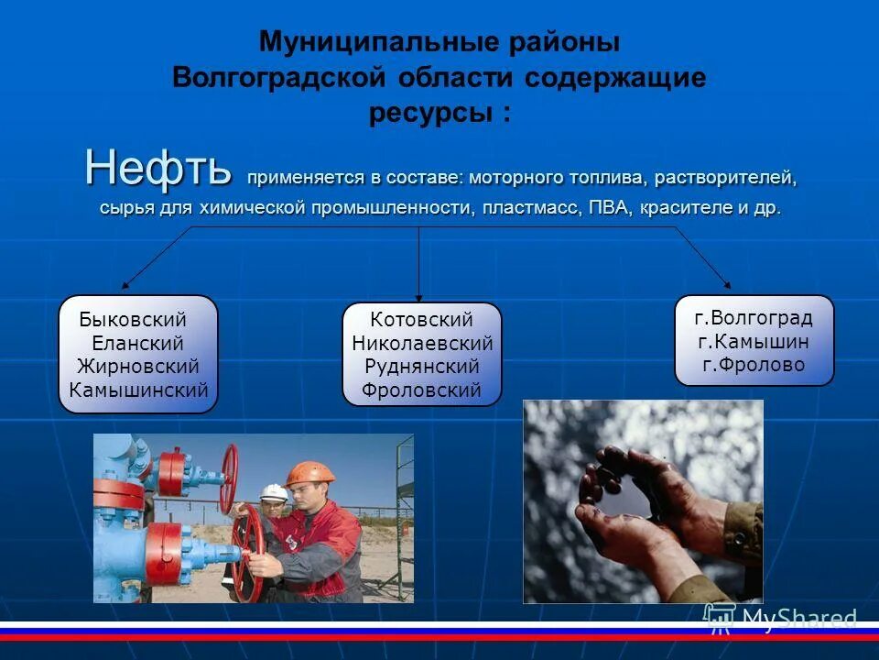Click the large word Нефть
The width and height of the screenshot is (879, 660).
(158, 168)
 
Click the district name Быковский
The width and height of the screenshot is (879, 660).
(133, 320)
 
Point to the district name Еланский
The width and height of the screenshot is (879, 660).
(137, 343)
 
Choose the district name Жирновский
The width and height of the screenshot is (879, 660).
(138, 367)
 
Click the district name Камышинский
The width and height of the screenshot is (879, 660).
(139, 390)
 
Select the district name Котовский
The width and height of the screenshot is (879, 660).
(421, 320)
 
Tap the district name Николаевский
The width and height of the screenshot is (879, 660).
(422, 344)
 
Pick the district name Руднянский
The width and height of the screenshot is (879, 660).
(421, 367)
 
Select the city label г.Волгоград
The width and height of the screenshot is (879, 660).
(754, 318)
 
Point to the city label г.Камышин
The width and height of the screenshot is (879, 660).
(754, 342)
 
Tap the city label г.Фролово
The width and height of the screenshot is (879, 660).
(754, 365)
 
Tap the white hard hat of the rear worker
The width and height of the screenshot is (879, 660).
(273, 490)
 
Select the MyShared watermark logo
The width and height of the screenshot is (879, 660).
(778, 617)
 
